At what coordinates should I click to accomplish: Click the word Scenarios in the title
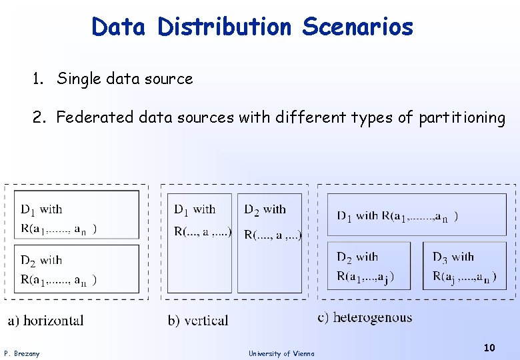357,27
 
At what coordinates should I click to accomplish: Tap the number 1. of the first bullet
38,79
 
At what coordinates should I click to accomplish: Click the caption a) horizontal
46,321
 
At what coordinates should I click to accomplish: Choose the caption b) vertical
198,321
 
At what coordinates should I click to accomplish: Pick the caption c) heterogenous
365,317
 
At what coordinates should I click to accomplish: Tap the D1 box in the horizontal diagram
77,214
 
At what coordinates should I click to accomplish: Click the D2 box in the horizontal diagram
77,269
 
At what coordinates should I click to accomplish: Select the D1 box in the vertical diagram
199,243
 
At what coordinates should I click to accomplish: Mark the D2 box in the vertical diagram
270,243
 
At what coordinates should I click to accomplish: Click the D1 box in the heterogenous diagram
417,215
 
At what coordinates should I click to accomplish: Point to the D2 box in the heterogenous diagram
369,265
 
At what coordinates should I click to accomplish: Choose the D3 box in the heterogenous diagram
465,265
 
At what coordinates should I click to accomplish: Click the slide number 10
489,347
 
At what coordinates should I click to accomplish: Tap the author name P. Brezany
22,353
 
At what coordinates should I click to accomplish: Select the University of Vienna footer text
281,353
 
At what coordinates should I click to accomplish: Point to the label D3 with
453,257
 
